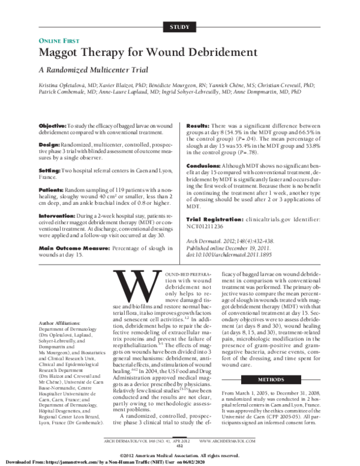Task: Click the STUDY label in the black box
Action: tap(179, 27)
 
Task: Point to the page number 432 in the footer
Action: tap(179, 445)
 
